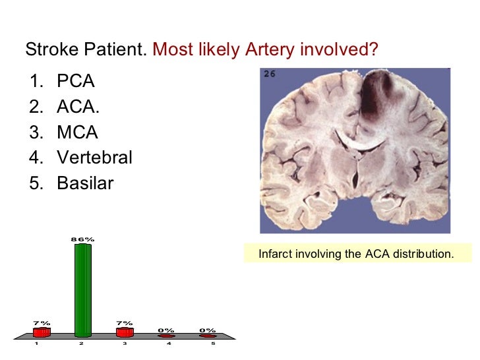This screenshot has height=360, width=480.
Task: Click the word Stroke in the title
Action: tap(46, 50)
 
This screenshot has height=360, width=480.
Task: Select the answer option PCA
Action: tap(76, 82)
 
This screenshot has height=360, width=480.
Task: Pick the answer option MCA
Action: tap(77, 133)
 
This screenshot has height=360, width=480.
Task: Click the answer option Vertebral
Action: tap(94, 158)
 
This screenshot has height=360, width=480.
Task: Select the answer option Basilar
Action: tap(85, 183)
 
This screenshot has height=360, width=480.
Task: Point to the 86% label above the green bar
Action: tap(82, 239)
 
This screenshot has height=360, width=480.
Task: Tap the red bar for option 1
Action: tap(42, 332)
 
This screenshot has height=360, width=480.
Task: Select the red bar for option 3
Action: tap(124, 332)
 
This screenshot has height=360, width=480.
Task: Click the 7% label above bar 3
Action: tap(124, 322)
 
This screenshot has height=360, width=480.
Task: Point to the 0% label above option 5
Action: tap(208, 330)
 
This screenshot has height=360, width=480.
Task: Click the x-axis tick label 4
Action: tap(168, 344)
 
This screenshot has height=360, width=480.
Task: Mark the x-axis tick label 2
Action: tap(80, 344)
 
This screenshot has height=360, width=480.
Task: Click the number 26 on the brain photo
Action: tap(270, 74)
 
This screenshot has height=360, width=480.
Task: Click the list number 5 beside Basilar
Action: tap(34, 183)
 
